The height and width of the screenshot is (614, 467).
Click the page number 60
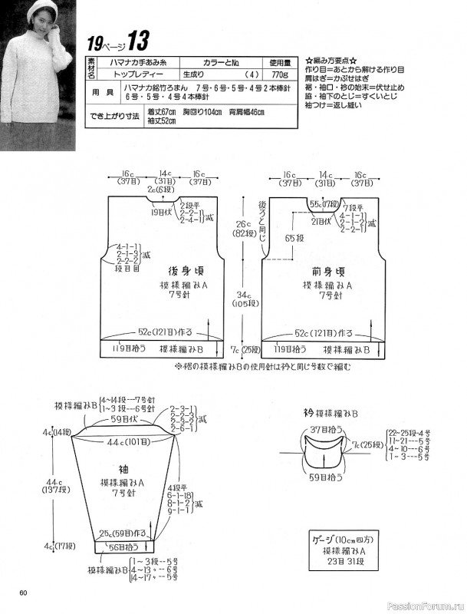(x=25, y=591)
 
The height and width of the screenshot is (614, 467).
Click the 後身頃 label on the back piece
(x=184, y=272)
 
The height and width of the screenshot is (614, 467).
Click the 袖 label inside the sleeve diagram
(x=124, y=466)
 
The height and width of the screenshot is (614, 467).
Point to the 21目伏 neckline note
(x=321, y=221)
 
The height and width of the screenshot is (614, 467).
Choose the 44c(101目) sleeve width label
(x=127, y=442)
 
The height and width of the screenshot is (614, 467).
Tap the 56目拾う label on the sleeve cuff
(x=121, y=547)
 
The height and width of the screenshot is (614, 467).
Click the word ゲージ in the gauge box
(x=326, y=538)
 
